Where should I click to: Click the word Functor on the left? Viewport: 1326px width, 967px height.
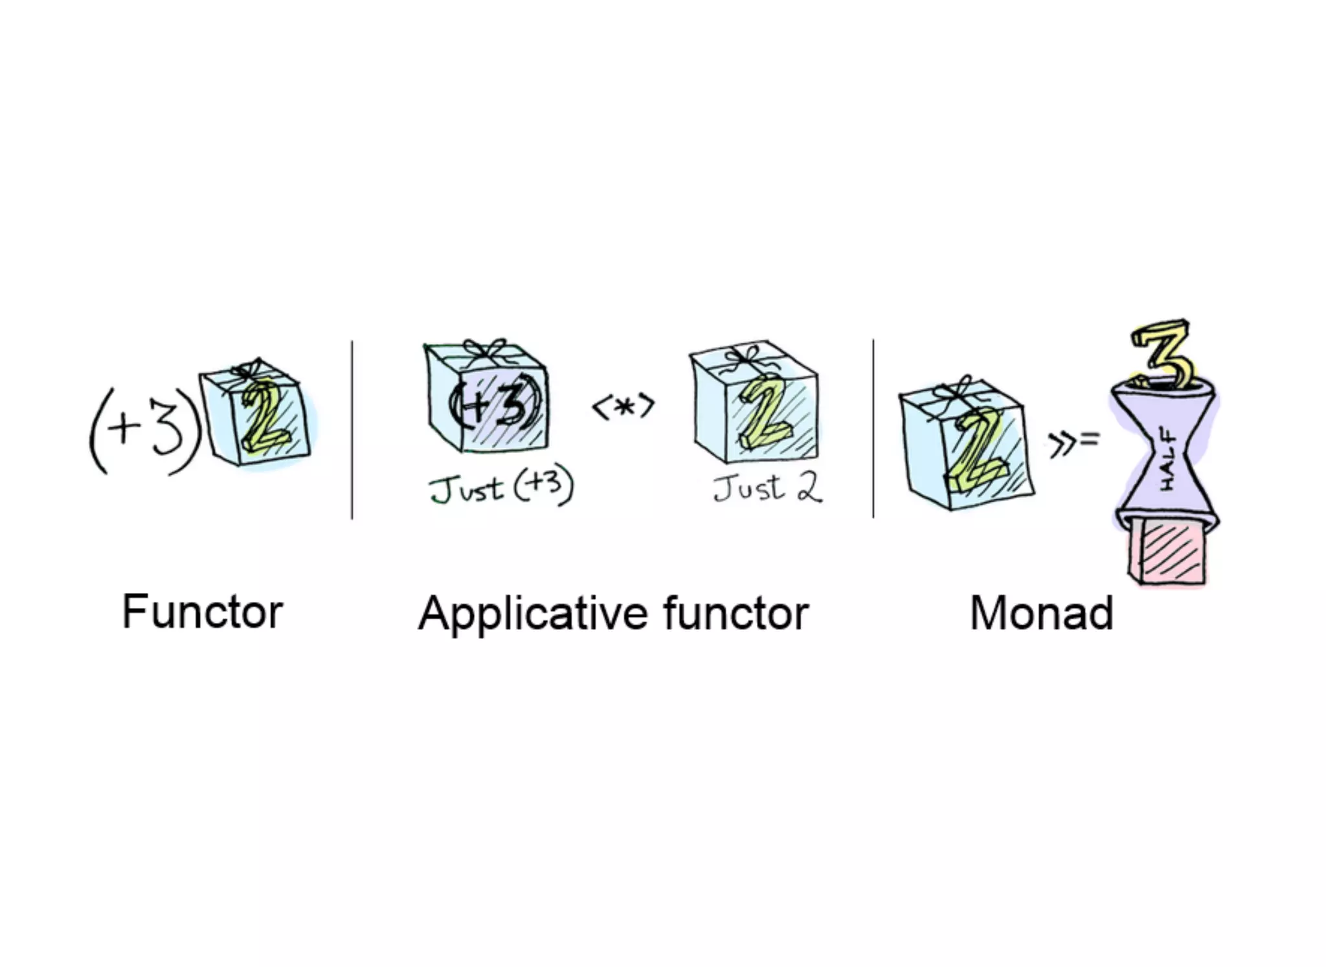(x=203, y=612)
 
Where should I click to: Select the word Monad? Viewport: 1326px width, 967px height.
(x=1041, y=613)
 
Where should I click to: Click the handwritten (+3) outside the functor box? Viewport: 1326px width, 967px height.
(x=144, y=430)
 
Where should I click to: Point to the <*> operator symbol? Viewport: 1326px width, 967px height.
(x=624, y=407)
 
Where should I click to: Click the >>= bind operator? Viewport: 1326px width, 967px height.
(x=1073, y=442)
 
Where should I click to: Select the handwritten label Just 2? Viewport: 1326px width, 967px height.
(x=768, y=487)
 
